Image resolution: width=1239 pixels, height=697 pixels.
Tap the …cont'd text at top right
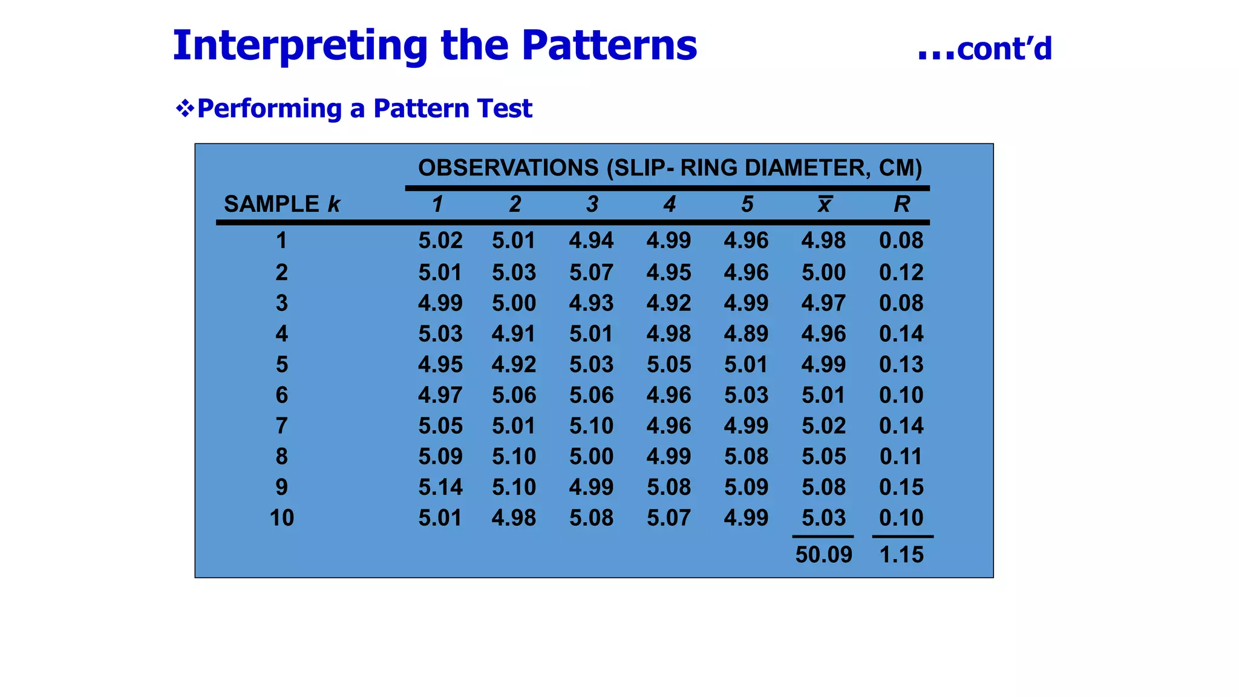[984, 49]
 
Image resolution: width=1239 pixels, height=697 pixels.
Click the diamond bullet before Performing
[185, 109]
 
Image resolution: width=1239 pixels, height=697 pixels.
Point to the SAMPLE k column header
[282, 204]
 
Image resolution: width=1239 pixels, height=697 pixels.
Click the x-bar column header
[824, 204]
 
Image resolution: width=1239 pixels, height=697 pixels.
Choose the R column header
[901, 204]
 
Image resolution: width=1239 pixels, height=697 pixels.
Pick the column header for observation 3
[592, 204]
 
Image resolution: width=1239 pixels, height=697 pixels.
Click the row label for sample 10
[282, 518]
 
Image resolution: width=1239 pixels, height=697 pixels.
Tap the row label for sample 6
[282, 395]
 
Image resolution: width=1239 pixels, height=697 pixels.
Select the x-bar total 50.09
[823, 554]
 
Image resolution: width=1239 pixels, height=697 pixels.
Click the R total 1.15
[901, 554]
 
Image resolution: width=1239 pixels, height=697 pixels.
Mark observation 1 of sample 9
[440, 487]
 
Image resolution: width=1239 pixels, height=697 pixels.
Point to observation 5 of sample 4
[746, 333]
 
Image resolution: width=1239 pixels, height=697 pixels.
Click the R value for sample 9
[901, 487]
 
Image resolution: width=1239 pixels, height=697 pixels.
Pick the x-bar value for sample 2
[823, 272]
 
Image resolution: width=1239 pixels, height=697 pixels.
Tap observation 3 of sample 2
[591, 272]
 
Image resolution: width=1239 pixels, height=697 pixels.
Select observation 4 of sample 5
[669, 364]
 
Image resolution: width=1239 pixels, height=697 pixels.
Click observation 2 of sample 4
[514, 333]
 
